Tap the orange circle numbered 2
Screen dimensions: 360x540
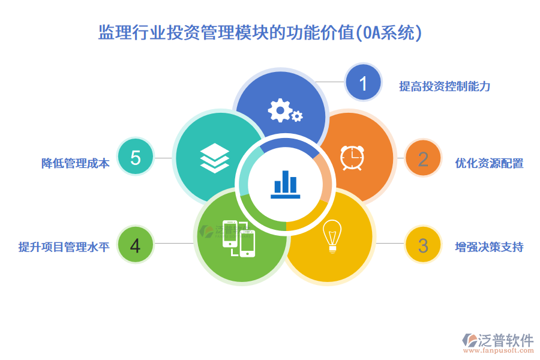pos(423,159)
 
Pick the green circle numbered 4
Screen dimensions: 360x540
pos(135,245)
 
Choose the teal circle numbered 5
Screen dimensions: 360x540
pos(135,158)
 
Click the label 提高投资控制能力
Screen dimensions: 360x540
pos(445,86)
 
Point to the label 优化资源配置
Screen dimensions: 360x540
pos(489,163)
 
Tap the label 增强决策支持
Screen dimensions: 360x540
pos(489,247)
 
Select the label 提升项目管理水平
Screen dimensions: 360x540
pos(64,247)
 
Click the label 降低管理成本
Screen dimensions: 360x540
pos(76,163)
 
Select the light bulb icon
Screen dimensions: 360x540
pos(331,236)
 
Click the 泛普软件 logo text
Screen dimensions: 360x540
pos(505,340)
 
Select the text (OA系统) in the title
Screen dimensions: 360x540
pos(389,32)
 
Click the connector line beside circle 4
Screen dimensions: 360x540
pos(175,243)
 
